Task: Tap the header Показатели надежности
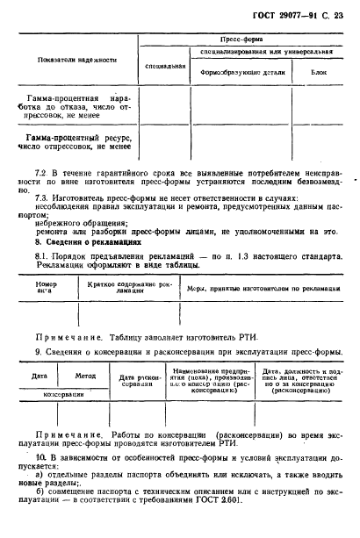coord(76,60)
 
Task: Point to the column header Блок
coord(319,72)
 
